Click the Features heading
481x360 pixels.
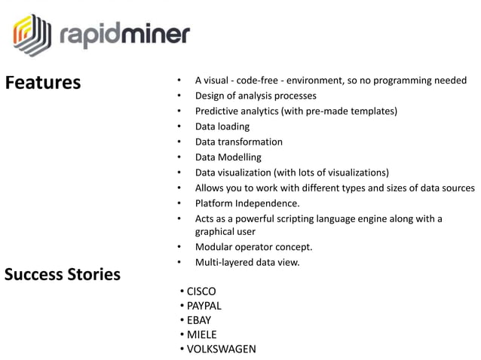click(x=43, y=82)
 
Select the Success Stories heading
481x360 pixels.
click(x=63, y=274)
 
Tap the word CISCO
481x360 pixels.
click(x=201, y=291)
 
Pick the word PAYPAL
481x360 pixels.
click(x=204, y=306)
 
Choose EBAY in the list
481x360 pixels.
click(x=199, y=320)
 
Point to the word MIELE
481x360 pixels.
click(x=201, y=334)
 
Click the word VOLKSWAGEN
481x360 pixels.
click(x=222, y=349)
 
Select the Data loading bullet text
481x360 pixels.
click(x=222, y=127)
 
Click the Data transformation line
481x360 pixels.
click(x=239, y=142)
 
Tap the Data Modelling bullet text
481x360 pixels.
click(x=228, y=157)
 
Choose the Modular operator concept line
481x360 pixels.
click(x=253, y=247)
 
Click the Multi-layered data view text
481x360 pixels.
click(x=247, y=262)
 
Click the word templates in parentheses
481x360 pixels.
click(x=370, y=111)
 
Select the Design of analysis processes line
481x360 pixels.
click(x=256, y=96)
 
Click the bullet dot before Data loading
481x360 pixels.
click(x=179, y=127)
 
